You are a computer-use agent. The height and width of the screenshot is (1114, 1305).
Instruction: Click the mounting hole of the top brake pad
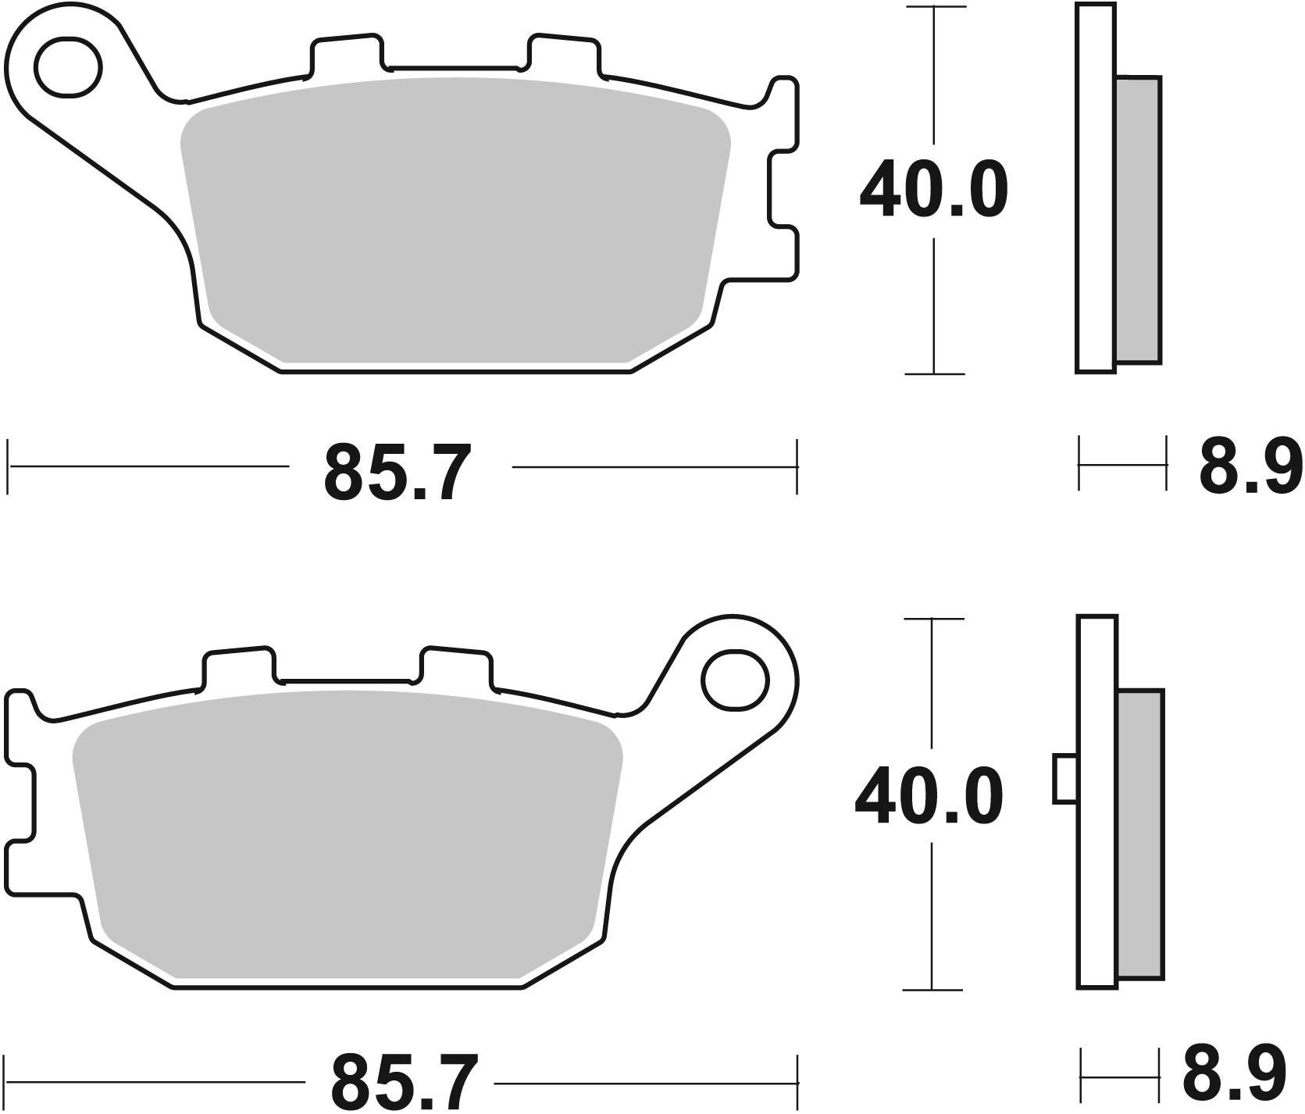[x=69, y=66]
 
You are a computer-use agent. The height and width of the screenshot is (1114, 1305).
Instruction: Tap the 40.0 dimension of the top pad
[x=933, y=190]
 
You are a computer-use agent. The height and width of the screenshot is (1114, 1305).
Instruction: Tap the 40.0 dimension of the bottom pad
[x=929, y=797]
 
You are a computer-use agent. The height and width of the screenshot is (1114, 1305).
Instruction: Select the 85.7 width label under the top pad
[x=399, y=471]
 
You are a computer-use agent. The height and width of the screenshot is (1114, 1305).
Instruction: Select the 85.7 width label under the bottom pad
[x=403, y=1084]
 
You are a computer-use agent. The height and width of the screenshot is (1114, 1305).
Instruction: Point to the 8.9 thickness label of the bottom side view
[x=1235, y=1082]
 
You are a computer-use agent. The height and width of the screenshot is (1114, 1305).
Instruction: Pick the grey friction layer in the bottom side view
[x=1140, y=834]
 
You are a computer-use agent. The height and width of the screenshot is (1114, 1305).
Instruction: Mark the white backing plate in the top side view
[x=1094, y=187]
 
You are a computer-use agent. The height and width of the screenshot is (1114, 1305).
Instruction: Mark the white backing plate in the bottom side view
[x=1096, y=801]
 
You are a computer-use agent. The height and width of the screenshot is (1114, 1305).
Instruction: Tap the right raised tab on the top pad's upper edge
[x=564, y=55]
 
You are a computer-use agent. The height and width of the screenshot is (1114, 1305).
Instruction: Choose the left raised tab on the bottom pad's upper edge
[x=239, y=668]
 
